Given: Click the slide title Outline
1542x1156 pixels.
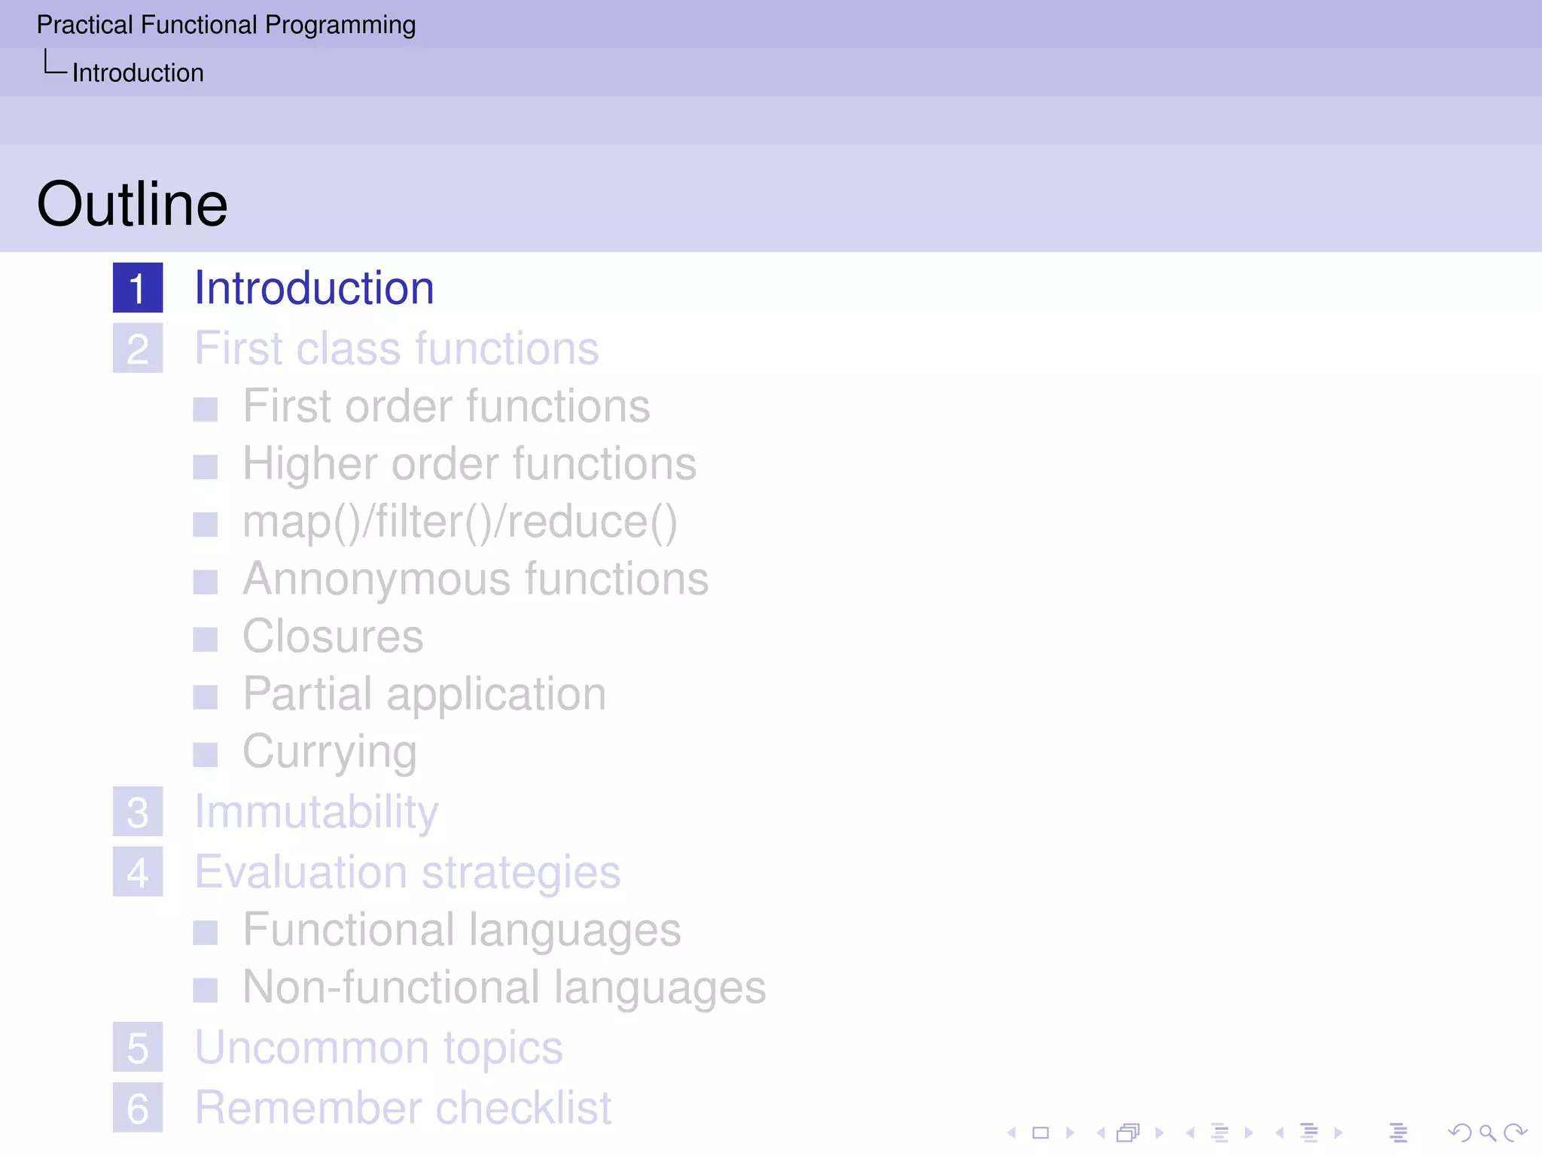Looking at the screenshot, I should coord(132,204).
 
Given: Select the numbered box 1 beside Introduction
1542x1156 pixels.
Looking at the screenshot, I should coord(138,287).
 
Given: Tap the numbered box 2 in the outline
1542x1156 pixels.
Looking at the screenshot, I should coord(138,348).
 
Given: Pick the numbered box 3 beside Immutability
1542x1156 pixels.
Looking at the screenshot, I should coord(138,812).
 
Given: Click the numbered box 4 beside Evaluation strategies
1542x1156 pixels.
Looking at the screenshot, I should coord(138,872).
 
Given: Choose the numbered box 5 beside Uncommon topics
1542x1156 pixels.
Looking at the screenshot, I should coord(138,1048).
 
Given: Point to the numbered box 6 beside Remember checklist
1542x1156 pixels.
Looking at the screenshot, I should coord(138,1108).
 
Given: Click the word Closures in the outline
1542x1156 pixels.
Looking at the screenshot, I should coord(333,637).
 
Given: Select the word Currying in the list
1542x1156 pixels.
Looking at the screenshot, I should coord(330,752).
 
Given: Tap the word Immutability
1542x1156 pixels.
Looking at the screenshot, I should coord(316,812).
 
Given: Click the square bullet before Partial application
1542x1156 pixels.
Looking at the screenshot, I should coord(205,697).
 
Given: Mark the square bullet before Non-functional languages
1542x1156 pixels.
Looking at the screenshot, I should coord(205,990).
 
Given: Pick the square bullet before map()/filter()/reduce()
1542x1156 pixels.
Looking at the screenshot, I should coord(205,525).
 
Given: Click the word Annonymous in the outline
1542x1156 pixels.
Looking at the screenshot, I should coord(376,580).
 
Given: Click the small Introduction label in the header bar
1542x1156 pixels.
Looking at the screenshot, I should coord(138,73).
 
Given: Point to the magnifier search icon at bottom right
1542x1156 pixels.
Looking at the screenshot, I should coord(1487,1133).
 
